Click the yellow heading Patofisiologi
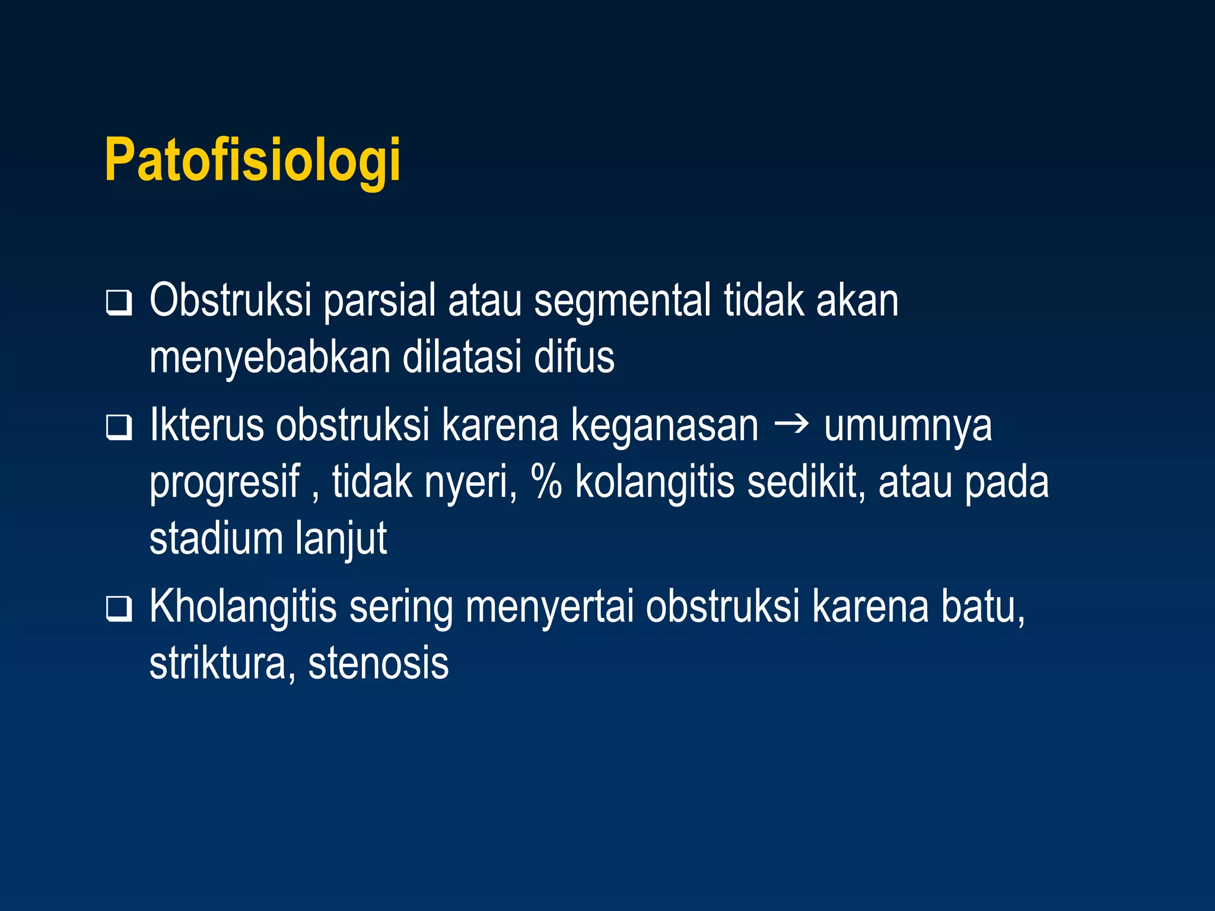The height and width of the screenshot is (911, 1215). pyautogui.click(x=253, y=160)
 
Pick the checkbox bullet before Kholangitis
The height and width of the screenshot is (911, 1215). pyautogui.click(x=119, y=609)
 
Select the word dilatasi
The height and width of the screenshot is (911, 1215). pyautogui.click(x=462, y=357)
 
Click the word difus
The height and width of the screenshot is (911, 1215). pyautogui.click(x=574, y=357)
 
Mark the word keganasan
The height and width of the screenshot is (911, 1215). pyautogui.click(x=664, y=426)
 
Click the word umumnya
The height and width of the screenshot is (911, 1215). pyautogui.click(x=908, y=426)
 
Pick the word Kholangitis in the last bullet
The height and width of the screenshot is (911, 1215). pyautogui.click(x=243, y=607)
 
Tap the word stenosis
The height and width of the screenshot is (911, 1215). pyautogui.click(x=379, y=663)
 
